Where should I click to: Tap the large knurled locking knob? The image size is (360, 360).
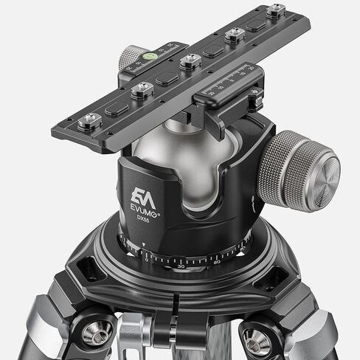[299, 171]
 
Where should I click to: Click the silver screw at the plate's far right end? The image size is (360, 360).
[276, 10]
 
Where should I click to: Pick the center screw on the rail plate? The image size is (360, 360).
[190, 61]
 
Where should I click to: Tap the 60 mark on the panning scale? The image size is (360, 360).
[216, 261]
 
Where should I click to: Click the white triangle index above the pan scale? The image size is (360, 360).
[143, 249]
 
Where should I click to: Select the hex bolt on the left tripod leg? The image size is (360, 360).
[97, 331]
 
